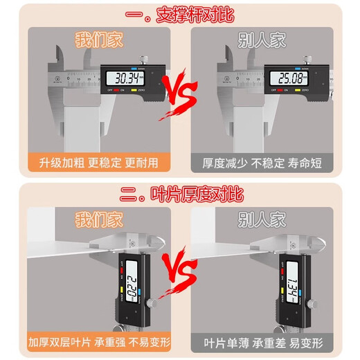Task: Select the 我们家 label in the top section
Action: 98,40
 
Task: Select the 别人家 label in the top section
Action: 264,40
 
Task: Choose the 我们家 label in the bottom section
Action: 98,220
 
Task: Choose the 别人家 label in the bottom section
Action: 264,220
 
